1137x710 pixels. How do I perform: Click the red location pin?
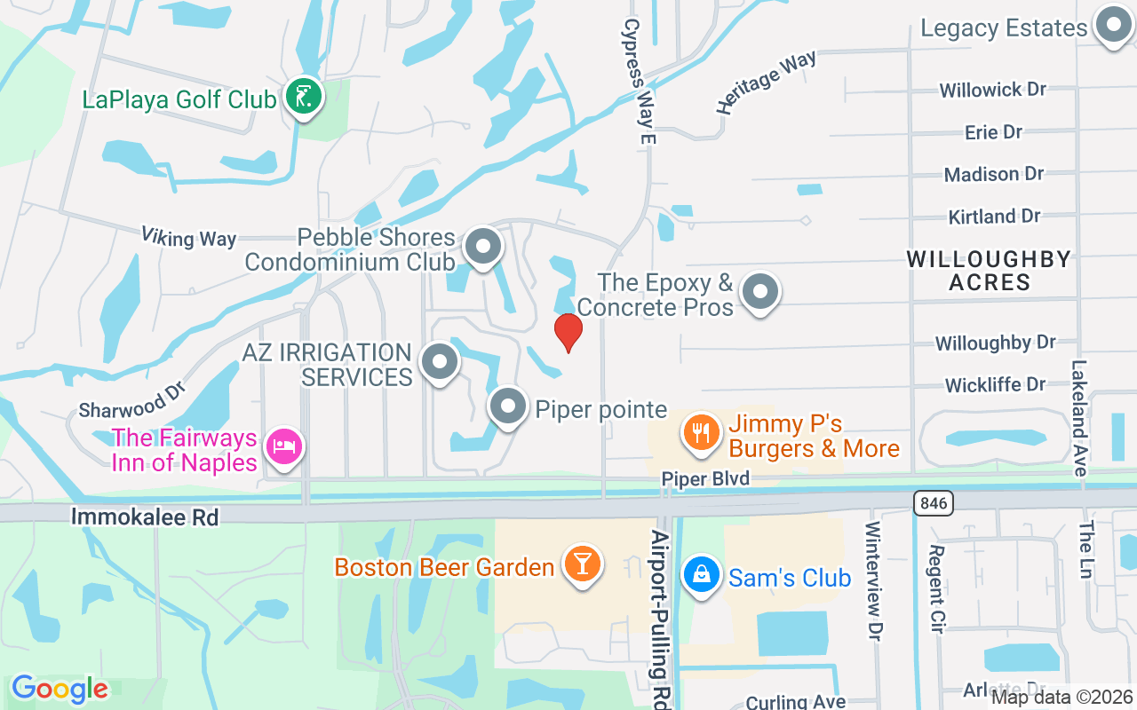tap(568, 332)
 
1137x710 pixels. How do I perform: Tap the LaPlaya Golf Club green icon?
tap(303, 97)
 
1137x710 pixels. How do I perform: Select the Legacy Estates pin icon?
tap(1111, 27)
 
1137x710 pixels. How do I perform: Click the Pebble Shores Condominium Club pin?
tap(483, 247)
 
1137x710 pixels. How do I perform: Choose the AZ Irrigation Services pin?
tap(439, 362)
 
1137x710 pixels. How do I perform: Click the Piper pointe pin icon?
tap(508, 407)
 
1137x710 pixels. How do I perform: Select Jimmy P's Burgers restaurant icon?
tap(702, 434)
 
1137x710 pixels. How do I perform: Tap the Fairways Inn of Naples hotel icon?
tap(284, 446)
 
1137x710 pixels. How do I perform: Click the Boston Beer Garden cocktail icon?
tap(583, 564)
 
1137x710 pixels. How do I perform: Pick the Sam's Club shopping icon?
tap(702, 575)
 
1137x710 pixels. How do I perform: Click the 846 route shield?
tap(932, 503)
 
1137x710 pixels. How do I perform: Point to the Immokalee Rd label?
tap(145, 517)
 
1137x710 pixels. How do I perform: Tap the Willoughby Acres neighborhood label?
tap(989, 271)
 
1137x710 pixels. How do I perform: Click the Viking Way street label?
tap(188, 237)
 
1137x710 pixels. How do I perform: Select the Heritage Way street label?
tap(766, 82)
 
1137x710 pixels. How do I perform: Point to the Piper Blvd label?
tap(705, 478)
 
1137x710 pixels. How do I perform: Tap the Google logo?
tap(60, 689)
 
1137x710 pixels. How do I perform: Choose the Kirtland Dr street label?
tap(994, 216)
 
